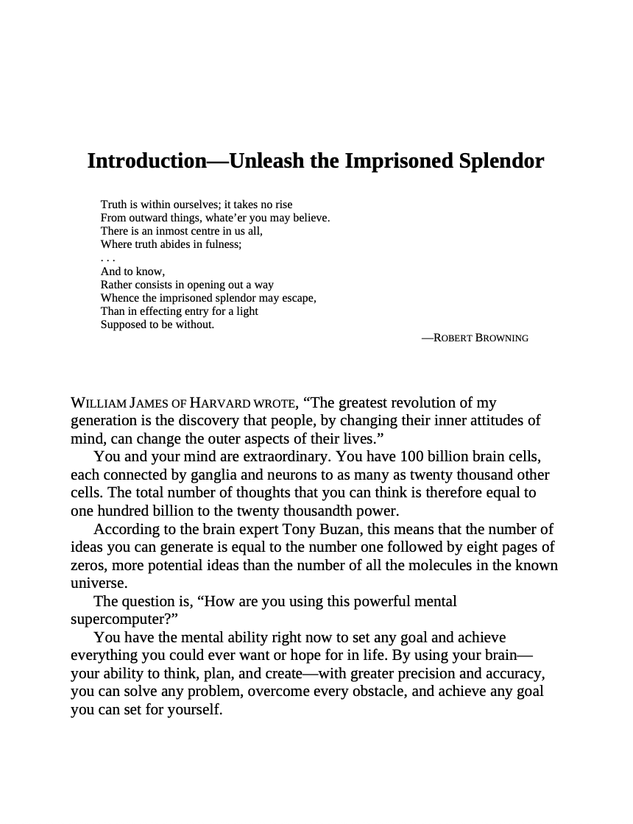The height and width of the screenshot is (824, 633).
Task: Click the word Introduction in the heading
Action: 146,161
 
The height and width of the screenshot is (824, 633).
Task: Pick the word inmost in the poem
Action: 172,230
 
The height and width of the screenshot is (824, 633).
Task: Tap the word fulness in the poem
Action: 222,244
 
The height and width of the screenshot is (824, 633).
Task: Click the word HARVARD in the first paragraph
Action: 220,403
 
